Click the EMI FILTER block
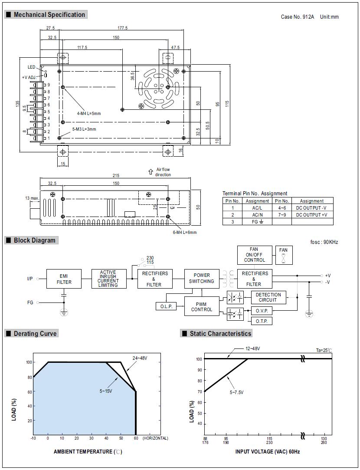coord(64,279)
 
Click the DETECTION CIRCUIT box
coord(268,297)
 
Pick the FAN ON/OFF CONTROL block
coord(255,255)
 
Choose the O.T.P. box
coord(262,321)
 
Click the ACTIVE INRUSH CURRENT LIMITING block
coord(108,279)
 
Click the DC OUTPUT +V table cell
coord(311,214)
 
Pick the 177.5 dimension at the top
coord(122,28)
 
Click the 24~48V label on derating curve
coord(140,358)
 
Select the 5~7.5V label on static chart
coord(236,392)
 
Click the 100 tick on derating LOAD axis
coord(29,362)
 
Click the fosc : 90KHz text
coord(324,242)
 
